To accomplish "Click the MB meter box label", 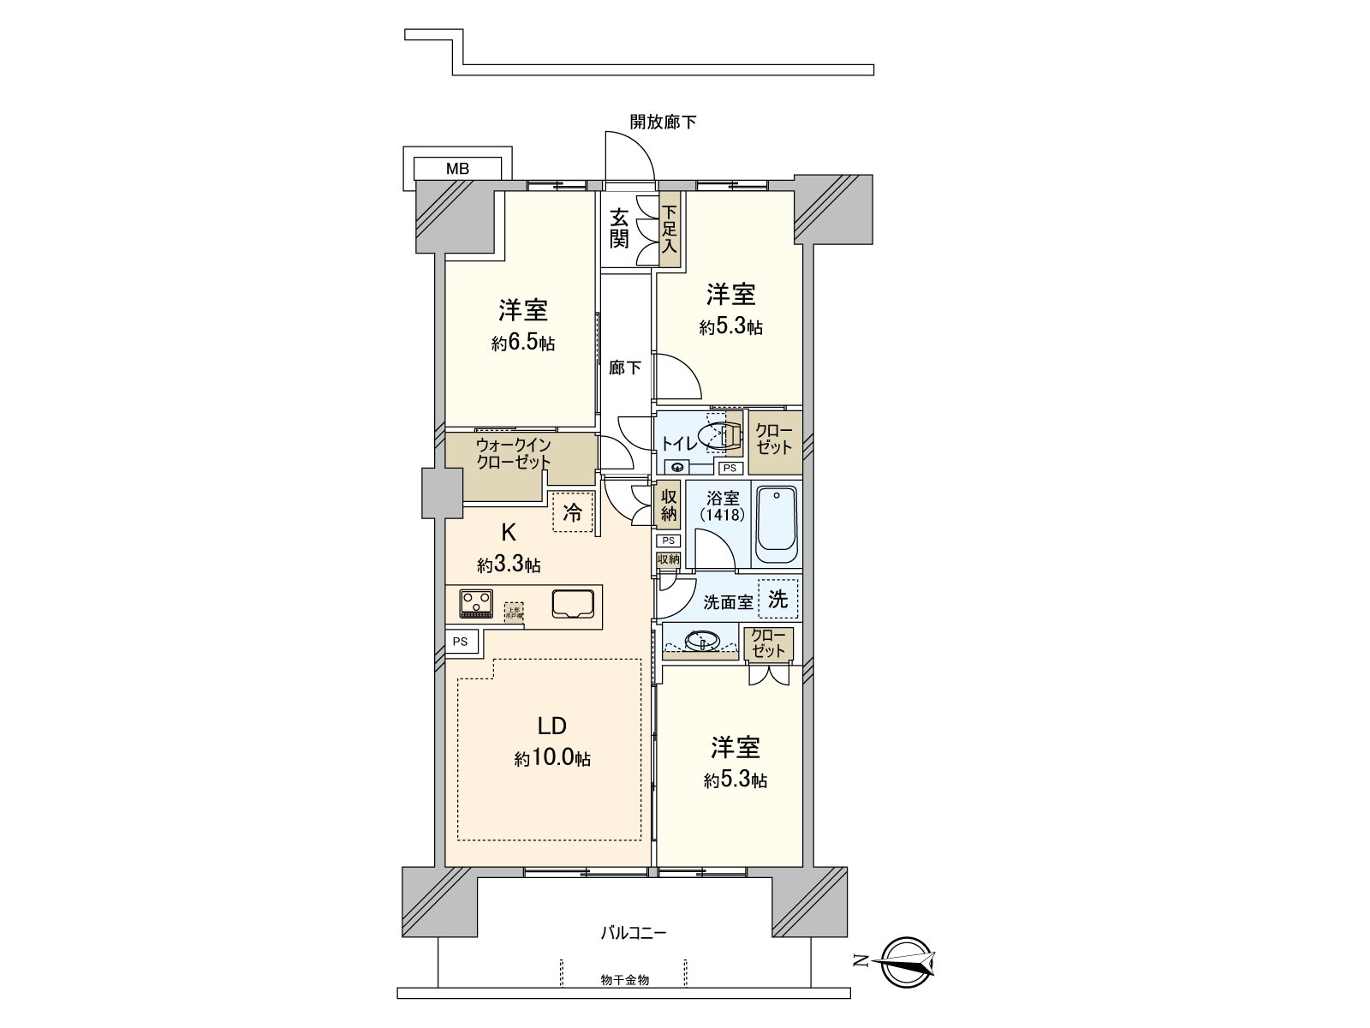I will [x=457, y=169].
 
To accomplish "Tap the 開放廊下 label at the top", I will [x=663, y=122].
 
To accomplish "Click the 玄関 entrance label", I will [x=619, y=228].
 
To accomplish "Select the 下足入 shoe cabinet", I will [x=670, y=229].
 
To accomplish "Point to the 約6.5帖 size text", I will [x=522, y=344].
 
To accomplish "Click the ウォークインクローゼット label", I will [x=514, y=453].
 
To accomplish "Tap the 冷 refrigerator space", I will [x=573, y=512].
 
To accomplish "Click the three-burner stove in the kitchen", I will [x=476, y=603].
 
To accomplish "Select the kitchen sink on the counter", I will [x=573, y=604].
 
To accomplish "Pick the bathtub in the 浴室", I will [x=777, y=523].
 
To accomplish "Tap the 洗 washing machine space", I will [x=777, y=599].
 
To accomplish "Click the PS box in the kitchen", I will [x=461, y=641].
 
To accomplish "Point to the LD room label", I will [x=551, y=726].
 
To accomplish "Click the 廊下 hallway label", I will [x=625, y=368].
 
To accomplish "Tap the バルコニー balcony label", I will [x=633, y=933].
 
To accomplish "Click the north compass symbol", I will [x=908, y=960].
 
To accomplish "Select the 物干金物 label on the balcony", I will [x=624, y=979].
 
